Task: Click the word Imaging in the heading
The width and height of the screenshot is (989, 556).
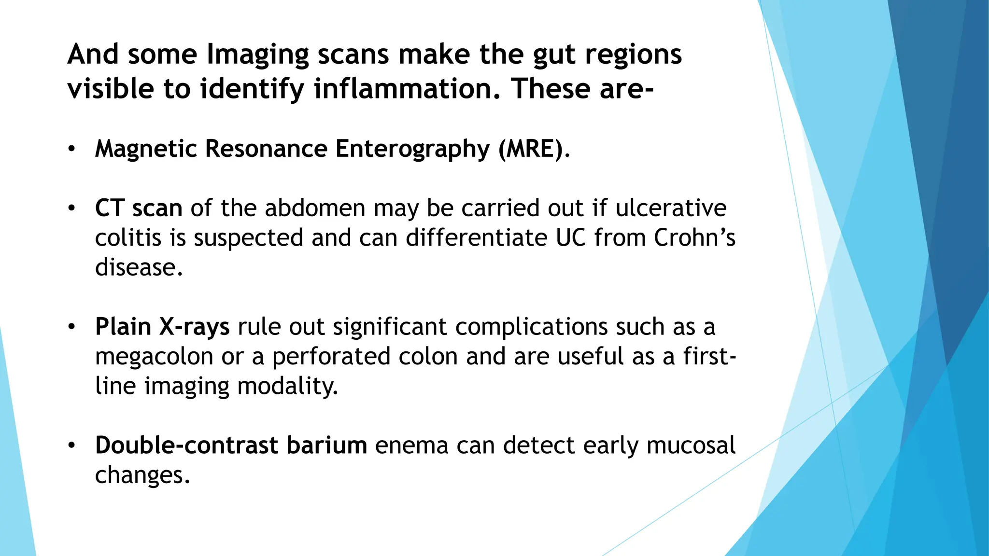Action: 257,54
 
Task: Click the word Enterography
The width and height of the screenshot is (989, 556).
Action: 412,149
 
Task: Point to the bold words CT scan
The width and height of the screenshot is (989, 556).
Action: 139,208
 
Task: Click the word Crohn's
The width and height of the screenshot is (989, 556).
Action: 694,237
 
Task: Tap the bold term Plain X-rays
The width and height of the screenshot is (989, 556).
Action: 162,327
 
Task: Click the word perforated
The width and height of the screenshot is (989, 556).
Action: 331,357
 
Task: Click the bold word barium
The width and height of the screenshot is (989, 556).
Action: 326,445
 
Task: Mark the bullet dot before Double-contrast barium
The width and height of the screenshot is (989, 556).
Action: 71,445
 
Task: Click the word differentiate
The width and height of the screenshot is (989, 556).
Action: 476,237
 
